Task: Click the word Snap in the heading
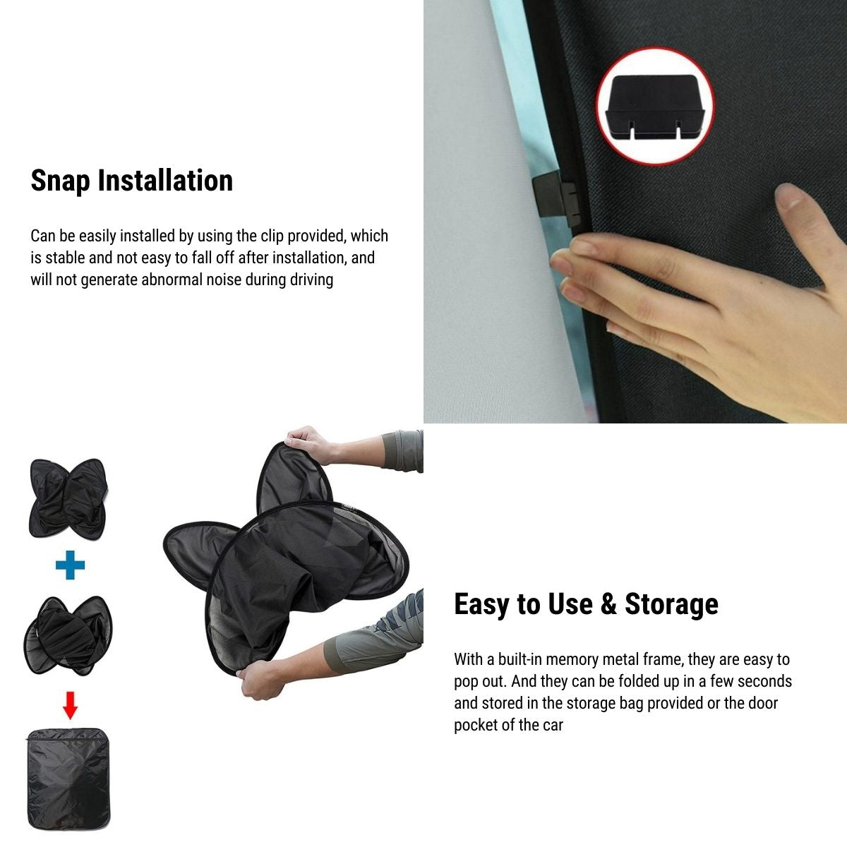coord(61,181)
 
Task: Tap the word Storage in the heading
coord(671,604)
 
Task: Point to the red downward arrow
coord(70,704)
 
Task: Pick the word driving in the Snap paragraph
coord(311,280)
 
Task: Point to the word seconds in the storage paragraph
coord(765,682)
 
